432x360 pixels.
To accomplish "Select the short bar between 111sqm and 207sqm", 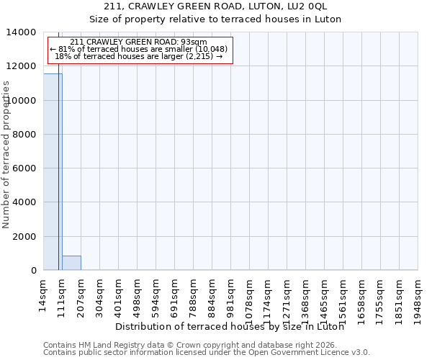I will coord(71,263).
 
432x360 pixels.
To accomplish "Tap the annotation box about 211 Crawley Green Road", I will coord(140,50).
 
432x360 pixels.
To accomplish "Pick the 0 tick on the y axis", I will coord(34,271).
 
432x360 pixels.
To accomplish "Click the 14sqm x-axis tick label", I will coord(43,292).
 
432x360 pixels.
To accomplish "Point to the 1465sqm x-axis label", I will coord(324,295).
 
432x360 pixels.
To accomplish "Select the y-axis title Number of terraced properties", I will coord(6,154).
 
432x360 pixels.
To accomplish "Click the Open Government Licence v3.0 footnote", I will coord(207,353).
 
